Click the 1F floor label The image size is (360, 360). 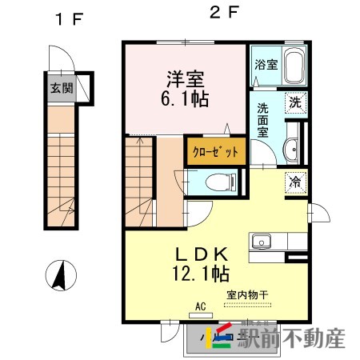[x=64, y=18]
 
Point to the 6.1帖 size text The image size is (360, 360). [x=185, y=98]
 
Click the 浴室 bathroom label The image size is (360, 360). [x=266, y=65]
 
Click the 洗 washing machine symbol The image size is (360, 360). [x=295, y=102]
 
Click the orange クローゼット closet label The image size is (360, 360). [x=214, y=152]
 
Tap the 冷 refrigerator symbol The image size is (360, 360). [x=295, y=182]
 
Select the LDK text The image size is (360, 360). [x=202, y=254]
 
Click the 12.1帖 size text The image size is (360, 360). [x=202, y=275]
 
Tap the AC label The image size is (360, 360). [x=201, y=306]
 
